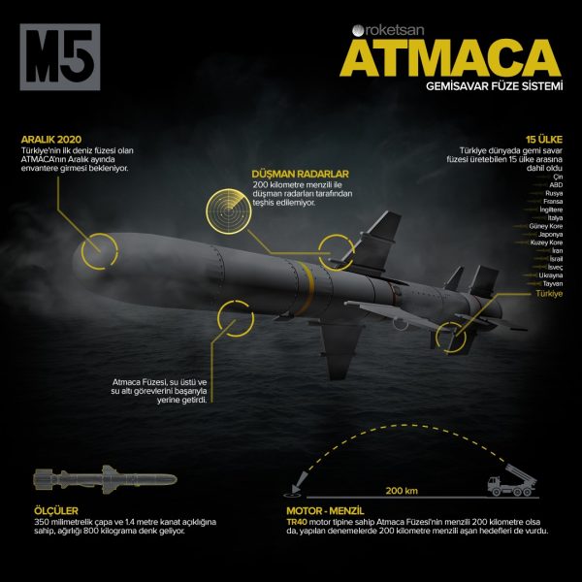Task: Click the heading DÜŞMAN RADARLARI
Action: coord(299,174)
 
